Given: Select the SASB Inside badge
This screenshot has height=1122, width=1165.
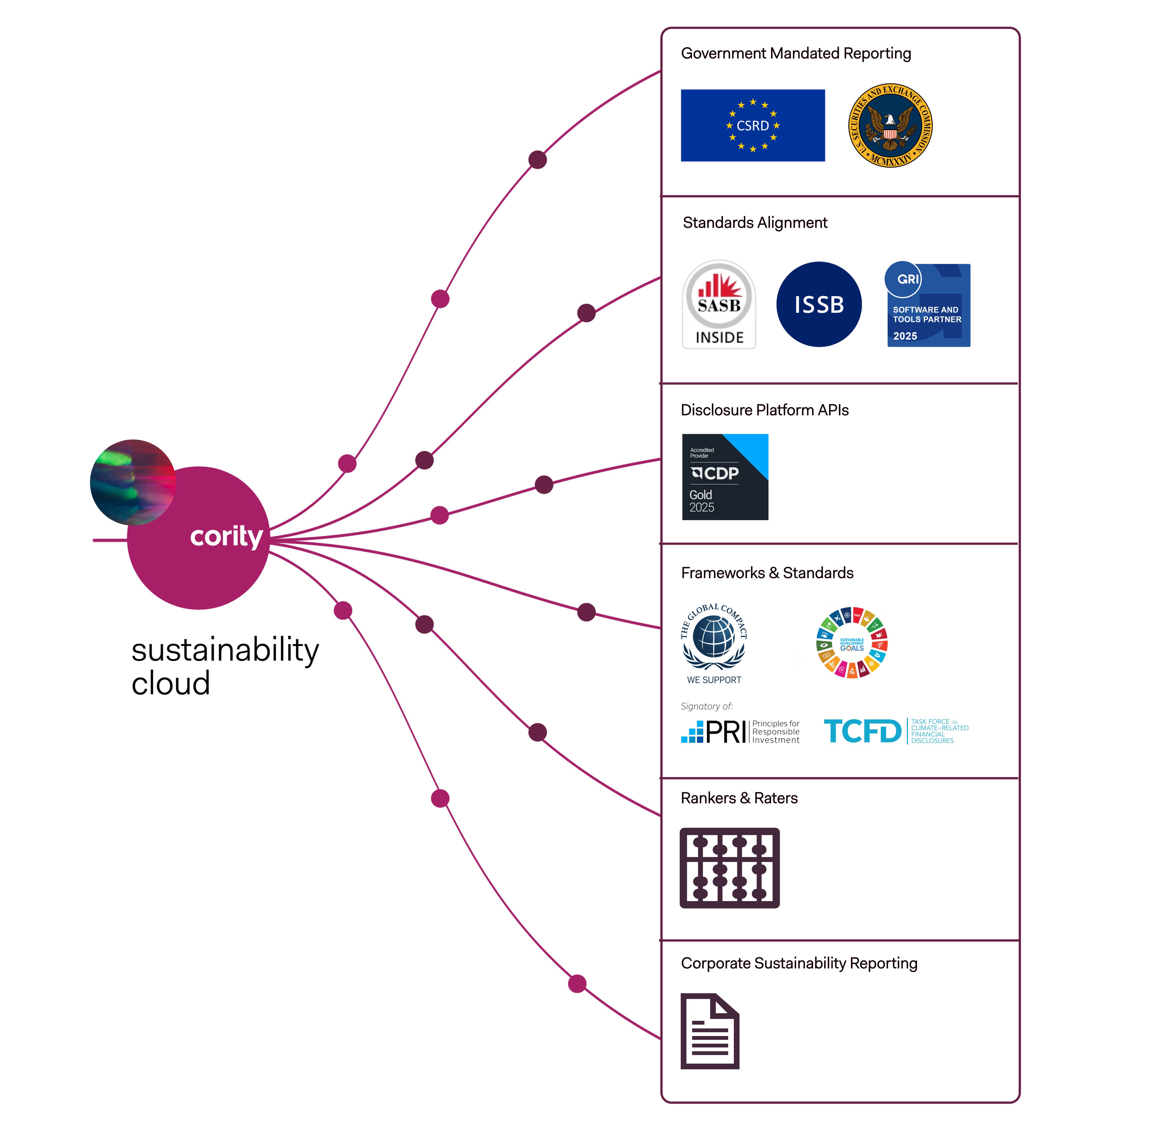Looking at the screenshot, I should point(719,304).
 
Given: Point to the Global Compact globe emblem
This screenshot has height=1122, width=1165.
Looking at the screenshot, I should point(714,636).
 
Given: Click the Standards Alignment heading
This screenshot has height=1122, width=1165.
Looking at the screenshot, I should point(755,223).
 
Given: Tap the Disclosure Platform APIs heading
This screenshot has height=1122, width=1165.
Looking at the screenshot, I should point(764,410).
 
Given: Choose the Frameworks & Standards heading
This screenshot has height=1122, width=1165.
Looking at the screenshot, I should point(767,573).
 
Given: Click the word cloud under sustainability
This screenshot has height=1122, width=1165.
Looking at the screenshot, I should point(171,683).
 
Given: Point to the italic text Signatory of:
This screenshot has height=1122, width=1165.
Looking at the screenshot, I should point(706,706).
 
